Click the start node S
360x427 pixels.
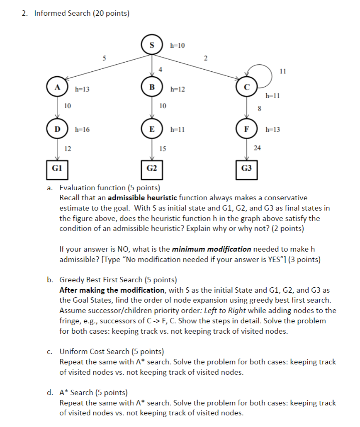(151, 45)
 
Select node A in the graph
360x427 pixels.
(57, 87)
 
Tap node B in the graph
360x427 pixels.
(151, 87)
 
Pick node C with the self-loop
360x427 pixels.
(246, 87)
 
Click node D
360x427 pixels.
(57, 129)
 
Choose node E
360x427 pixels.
(151, 129)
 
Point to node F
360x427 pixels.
(246, 129)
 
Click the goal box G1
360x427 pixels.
(57, 169)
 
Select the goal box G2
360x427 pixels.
(151, 169)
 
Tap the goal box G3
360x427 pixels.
(246, 169)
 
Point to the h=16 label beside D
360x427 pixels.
(82, 130)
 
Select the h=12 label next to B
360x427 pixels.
(178, 89)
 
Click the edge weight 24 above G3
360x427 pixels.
(257, 147)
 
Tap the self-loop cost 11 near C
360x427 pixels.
(283, 71)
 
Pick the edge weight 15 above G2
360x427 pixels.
(163, 148)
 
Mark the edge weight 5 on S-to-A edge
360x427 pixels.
(104, 58)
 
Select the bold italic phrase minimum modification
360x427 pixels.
(212, 249)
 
